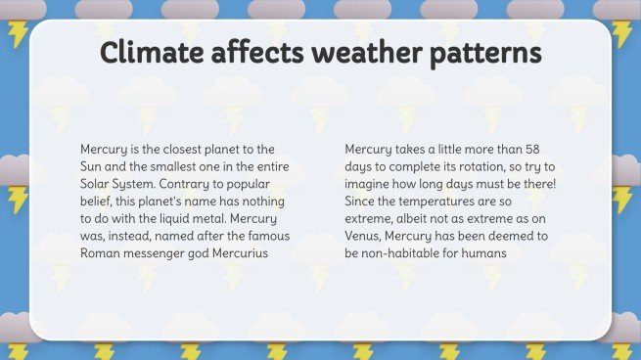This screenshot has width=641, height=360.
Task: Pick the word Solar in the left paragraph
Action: point(97,184)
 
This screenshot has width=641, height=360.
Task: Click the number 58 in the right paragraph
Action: point(530,150)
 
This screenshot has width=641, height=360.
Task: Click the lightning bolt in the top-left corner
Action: point(18,34)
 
